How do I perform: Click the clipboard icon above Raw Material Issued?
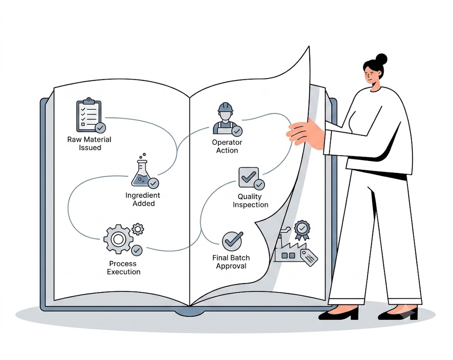tap(88, 115)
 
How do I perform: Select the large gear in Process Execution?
tap(118, 239)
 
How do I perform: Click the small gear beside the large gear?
tap(138, 229)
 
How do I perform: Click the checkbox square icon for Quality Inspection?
tap(249, 177)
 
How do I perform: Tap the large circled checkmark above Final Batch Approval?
tap(232, 241)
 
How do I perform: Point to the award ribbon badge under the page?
tap(302, 230)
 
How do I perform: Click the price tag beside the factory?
tap(309, 257)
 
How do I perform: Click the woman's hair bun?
tap(381, 59)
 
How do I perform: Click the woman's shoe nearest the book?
tap(338, 313)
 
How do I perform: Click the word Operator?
tap(227, 142)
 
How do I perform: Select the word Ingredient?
tap(143, 195)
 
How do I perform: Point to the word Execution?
tap(124, 272)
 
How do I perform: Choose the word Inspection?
tap(250, 205)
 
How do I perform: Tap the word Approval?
tap(231, 266)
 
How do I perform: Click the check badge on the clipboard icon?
tap(100, 127)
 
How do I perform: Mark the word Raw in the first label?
tap(74, 140)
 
